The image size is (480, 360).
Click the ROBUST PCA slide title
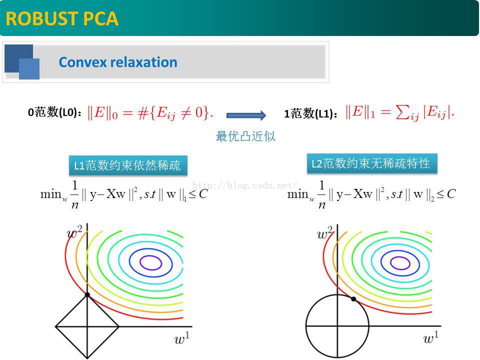point(62,18)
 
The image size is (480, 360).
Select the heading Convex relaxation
point(118,62)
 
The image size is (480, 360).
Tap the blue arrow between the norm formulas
point(246,115)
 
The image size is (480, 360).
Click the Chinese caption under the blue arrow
point(245,136)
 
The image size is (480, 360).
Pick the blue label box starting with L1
point(127,165)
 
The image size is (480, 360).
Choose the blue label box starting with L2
point(371,163)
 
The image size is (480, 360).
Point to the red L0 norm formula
point(150,113)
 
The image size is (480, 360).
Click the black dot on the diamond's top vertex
point(87,295)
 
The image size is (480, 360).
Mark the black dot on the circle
point(353,299)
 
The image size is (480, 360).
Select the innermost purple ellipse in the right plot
point(398,261)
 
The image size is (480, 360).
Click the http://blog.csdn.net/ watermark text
point(245,185)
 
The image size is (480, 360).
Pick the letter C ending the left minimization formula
point(202,194)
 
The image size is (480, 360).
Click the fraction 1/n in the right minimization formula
point(322,193)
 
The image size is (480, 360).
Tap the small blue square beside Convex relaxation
point(29,69)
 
